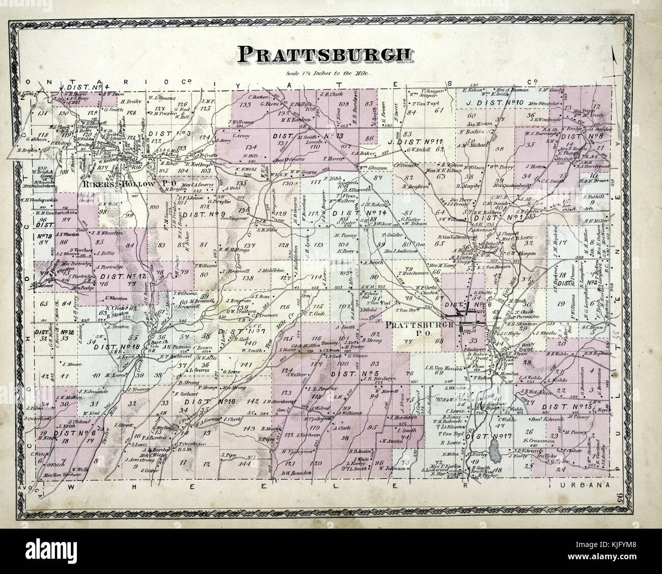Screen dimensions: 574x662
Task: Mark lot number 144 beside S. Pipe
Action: coord(245,464)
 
